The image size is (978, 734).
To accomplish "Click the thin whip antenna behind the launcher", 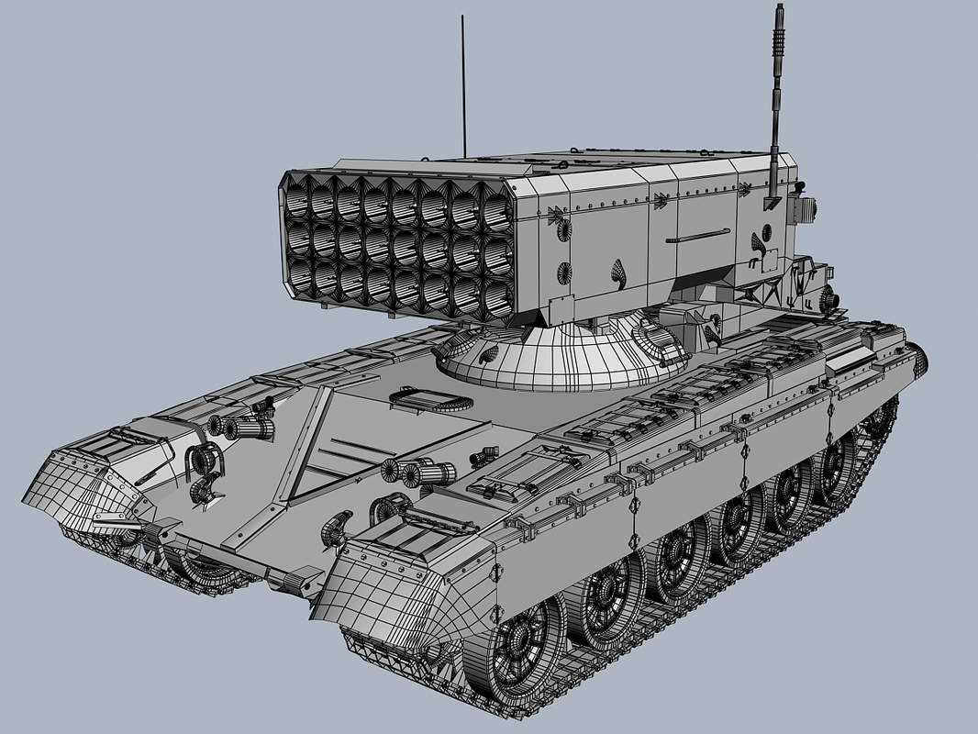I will point(463,92).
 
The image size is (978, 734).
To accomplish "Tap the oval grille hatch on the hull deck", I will point(428,399).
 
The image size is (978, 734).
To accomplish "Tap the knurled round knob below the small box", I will point(830,299).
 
